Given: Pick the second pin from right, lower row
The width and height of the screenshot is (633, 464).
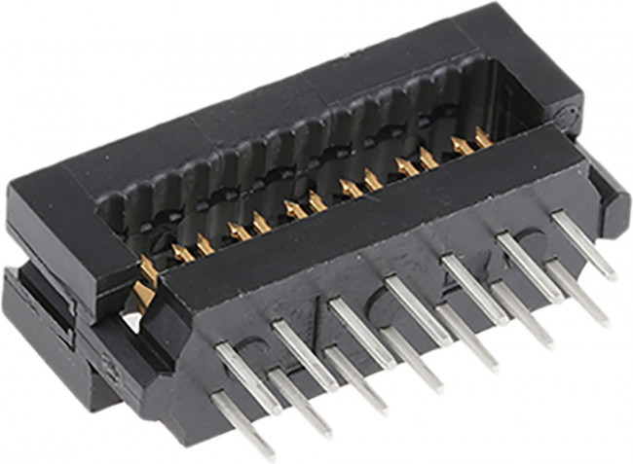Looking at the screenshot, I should tap(522, 314).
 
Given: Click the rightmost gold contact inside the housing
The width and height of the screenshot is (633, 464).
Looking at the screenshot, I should tap(483, 139).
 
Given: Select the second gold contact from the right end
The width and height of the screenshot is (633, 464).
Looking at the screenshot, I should tap(461, 146).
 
